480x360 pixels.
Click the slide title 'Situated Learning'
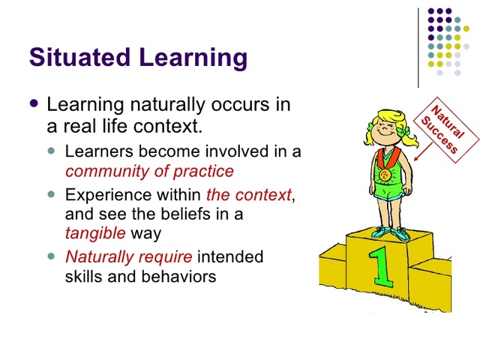click(x=137, y=57)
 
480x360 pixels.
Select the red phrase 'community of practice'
click(x=149, y=170)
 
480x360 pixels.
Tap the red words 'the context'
click(x=248, y=195)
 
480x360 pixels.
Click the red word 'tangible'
click(x=95, y=232)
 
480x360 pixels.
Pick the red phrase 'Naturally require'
click(x=129, y=257)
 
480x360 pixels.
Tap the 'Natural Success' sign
click(x=442, y=126)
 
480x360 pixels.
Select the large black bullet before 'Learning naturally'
click(x=32, y=103)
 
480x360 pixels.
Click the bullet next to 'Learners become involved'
click(x=52, y=151)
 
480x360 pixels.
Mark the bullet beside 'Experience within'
click(x=52, y=194)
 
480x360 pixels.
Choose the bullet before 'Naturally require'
click(x=52, y=256)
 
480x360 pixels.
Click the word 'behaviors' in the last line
click(x=179, y=276)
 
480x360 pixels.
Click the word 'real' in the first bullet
click(x=93, y=124)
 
